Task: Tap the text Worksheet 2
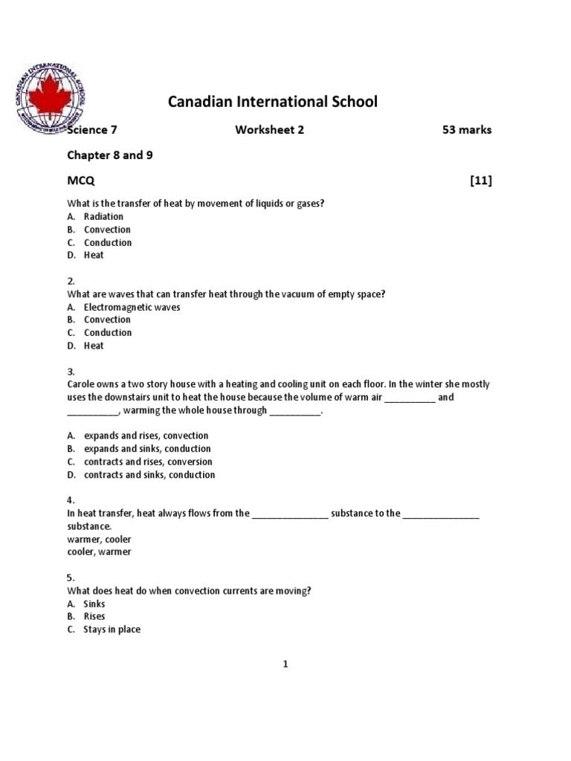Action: [270, 130]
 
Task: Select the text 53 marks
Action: [466, 130]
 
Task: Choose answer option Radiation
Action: [103, 217]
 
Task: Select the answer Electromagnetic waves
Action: [132, 307]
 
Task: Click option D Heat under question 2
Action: [94, 346]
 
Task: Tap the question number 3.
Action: [71, 372]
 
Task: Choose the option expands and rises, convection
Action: [146, 435]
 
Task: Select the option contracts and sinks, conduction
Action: [149, 475]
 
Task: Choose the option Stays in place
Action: [112, 629]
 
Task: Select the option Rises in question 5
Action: [94, 616]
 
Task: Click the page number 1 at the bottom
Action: [285, 664]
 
